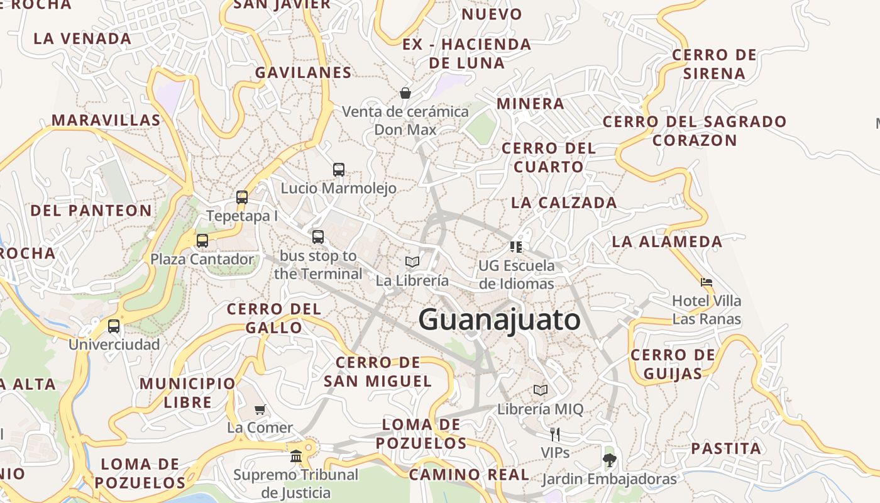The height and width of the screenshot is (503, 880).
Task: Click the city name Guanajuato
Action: pos(500,319)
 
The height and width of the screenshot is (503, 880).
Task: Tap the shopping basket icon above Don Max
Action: pos(405,93)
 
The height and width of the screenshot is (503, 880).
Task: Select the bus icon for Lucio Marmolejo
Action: pos(339,169)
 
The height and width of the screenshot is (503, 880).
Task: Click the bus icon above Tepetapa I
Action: pos(242,197)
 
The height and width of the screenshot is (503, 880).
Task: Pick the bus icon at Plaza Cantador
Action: pos(202,240)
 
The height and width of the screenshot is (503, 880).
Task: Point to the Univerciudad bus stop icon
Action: pos(114,326)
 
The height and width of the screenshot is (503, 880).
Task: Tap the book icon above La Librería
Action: pos(412,262)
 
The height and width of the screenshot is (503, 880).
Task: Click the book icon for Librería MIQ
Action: pos(541,390)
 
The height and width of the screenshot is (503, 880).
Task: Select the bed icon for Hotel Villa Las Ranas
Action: pos(707,282)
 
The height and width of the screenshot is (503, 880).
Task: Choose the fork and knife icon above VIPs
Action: pos(555,434)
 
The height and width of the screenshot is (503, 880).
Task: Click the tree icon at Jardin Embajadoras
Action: pos(609,460)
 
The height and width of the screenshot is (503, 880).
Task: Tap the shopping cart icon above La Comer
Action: pos(260,409)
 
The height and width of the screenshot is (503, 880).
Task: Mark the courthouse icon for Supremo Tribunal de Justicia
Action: pos(296,456)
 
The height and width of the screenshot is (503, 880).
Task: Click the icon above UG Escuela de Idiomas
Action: pos(516,246)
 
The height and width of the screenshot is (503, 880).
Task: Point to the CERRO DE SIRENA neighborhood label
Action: pos(714,64)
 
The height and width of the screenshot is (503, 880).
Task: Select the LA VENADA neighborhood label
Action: pos(82,38)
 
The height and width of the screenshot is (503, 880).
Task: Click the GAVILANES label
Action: pos(303,72)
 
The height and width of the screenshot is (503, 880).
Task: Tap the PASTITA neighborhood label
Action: pos(726,449)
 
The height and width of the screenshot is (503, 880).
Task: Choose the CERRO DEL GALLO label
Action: pos(274,318)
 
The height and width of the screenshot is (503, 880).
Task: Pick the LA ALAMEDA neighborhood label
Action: pos(667,241)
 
